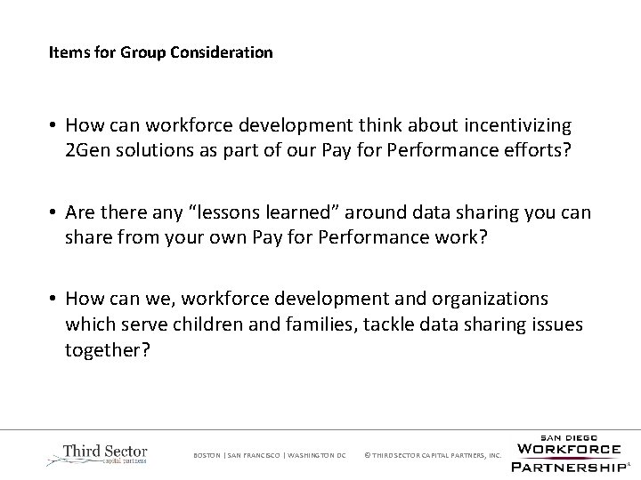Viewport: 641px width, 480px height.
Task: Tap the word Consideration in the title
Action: (222, 52)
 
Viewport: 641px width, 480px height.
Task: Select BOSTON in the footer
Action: (207, 456)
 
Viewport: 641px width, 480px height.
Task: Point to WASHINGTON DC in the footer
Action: (316, 456)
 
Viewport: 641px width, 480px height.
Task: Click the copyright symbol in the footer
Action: (368, 456)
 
